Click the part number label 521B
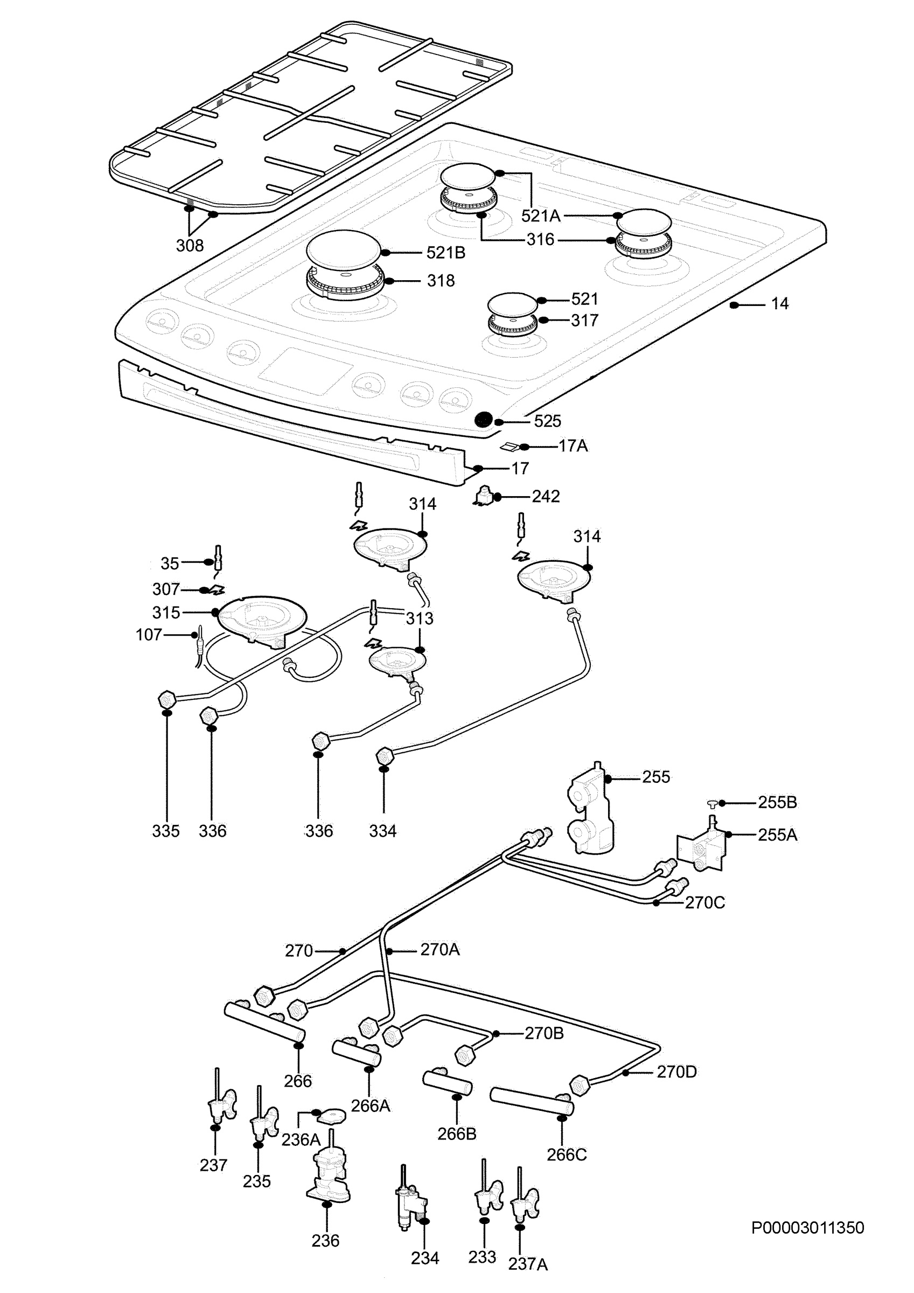pyautogui.click(x=445, y=253)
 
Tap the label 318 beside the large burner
pyautogui.click(x=441, y=281)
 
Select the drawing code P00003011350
pyautogui.click(x=807, y=1228)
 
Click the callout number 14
pyautogui.click(x=779, y=304)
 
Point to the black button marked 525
pyautogui.click(x=483, y=420)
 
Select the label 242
pyautogui.click(x=546, y=496)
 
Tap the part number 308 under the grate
pyautogui.click(x=190, y=246)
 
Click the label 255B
pyautogui.click(x=777, y=803)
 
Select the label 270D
pyautogui.click(x=676, y=1072)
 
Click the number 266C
pyautogui.click(x=567, y=1155)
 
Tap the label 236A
pyautogui.click(x=301, y=1140)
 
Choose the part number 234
pyautogui.click(x=424, y=1258)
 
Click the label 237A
pyautogui.click(x=528, y=1264)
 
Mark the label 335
pyautogui.click(x=165, y=831)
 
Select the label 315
pyautogui.click(x=166, y=613)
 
